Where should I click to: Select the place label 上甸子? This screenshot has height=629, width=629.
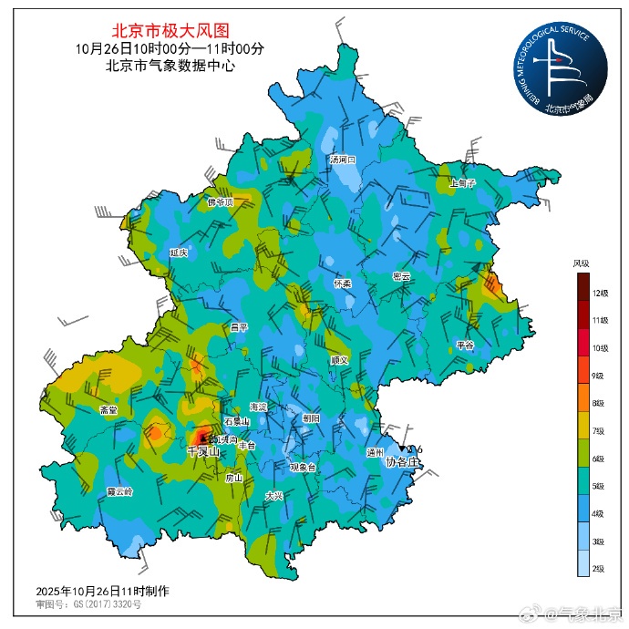[463, 183]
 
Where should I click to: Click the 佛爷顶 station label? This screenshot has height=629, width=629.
[221, 202]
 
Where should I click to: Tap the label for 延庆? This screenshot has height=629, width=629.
[179, 252]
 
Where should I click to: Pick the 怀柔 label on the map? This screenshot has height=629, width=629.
[343, 284]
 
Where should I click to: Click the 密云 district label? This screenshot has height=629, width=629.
[401, 276]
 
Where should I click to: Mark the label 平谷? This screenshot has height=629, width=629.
[465, 345]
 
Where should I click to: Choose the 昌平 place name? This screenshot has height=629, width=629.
[239, 326]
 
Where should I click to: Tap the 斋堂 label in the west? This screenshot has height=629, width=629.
[108, 410]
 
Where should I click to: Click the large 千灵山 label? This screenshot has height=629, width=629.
[202, 452]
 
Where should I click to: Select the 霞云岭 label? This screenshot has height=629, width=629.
[119, 490]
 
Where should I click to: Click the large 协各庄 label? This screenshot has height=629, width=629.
[400, 462]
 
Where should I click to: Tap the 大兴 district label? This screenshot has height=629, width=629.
[274, 496]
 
